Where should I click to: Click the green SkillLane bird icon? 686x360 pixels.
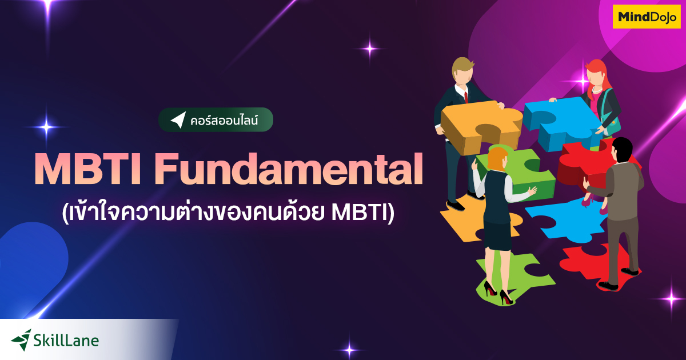22,339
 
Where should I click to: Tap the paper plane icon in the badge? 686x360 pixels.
178,120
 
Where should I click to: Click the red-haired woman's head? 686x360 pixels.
596,73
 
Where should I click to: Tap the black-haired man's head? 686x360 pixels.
621,150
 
